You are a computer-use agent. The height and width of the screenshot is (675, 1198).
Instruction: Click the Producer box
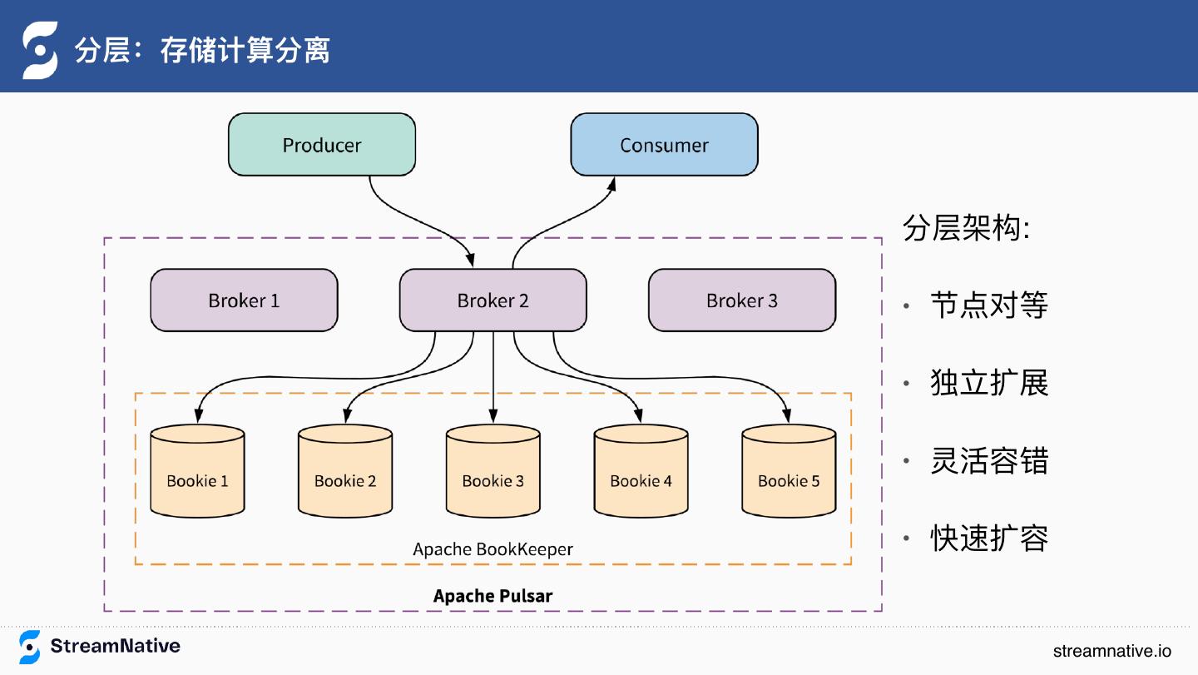322,145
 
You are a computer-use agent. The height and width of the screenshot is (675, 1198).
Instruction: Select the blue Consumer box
664,145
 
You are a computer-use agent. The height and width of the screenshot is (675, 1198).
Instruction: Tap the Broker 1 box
244,300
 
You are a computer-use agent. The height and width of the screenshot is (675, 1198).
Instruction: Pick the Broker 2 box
493,300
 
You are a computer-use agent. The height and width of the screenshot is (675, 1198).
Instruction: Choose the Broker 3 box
741,300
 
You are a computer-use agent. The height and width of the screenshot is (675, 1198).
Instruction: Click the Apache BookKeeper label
493,549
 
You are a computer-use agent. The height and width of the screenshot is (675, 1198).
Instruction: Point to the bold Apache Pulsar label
493,596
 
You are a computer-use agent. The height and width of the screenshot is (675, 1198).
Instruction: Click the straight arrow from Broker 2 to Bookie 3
493,375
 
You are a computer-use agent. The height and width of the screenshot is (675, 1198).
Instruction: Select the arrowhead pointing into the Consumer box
612,184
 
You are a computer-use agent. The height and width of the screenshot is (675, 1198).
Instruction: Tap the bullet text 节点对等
988,305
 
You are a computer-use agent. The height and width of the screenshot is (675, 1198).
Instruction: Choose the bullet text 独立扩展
988,383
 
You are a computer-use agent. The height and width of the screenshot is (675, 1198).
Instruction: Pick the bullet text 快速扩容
988,539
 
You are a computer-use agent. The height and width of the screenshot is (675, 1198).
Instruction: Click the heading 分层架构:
966,228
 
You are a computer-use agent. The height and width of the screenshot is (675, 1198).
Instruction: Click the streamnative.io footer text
1111,651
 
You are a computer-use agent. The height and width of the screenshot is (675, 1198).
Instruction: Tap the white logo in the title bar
39,50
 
